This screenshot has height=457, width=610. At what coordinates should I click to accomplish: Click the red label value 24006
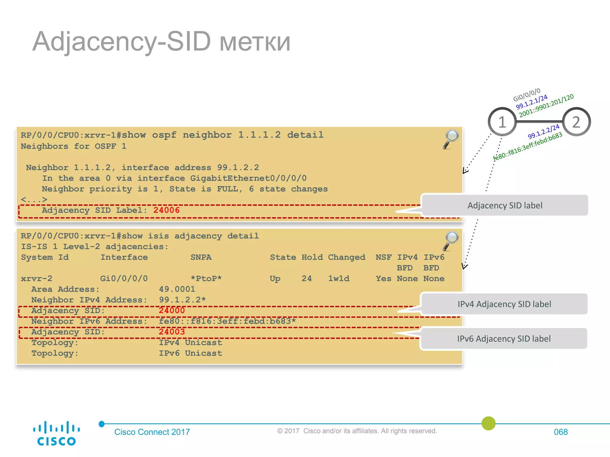tap(166, 210)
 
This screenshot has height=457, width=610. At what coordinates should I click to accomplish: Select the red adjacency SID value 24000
tap(172, 311)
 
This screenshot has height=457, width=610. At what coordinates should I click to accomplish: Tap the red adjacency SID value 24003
tap(172, 332)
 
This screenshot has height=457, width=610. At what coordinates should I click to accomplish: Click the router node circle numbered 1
tap(502, 122)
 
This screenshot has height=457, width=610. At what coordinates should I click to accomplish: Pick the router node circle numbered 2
tap(576, 122)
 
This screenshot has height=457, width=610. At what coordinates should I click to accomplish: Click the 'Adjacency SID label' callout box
tap(505, 205)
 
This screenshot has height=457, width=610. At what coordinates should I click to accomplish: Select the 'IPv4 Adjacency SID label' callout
tap(504, 304)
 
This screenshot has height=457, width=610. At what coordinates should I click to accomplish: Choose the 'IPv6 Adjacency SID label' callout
tap(504, 339)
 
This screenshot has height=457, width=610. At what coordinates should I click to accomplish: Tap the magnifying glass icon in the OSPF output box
tap(451, 139)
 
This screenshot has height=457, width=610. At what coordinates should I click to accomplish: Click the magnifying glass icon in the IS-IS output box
tap(451, 240)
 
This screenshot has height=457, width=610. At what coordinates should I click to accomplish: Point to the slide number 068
tap(561, 432)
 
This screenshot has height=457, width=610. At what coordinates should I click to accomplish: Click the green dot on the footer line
tap(488, 423)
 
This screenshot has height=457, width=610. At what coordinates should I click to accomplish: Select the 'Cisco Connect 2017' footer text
tap(152, 432)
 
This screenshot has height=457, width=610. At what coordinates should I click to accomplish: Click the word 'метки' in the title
tap(255, 42)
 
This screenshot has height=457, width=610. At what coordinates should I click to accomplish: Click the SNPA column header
tap(201, 257)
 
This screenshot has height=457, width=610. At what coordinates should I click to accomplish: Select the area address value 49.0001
tap(177, 289)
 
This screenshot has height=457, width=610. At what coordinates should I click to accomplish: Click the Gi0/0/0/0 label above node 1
tap(527, 95)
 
